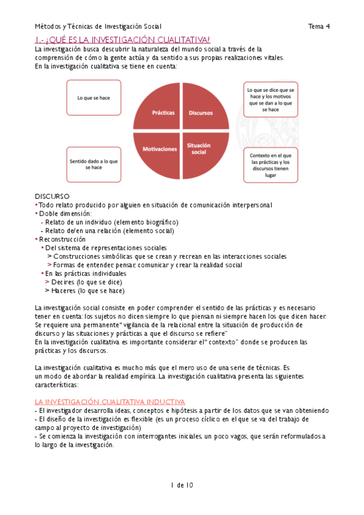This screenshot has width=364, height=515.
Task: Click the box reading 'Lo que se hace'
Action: [94, 98]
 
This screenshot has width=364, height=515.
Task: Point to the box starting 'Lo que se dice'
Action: [270, 99]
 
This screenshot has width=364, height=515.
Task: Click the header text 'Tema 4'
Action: [318, 26]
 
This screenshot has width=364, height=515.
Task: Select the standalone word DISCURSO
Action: [52, 196]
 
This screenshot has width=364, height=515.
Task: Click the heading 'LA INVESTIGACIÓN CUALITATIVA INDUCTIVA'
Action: [110, 402]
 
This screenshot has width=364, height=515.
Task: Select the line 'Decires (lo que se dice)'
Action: [87, 282]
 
